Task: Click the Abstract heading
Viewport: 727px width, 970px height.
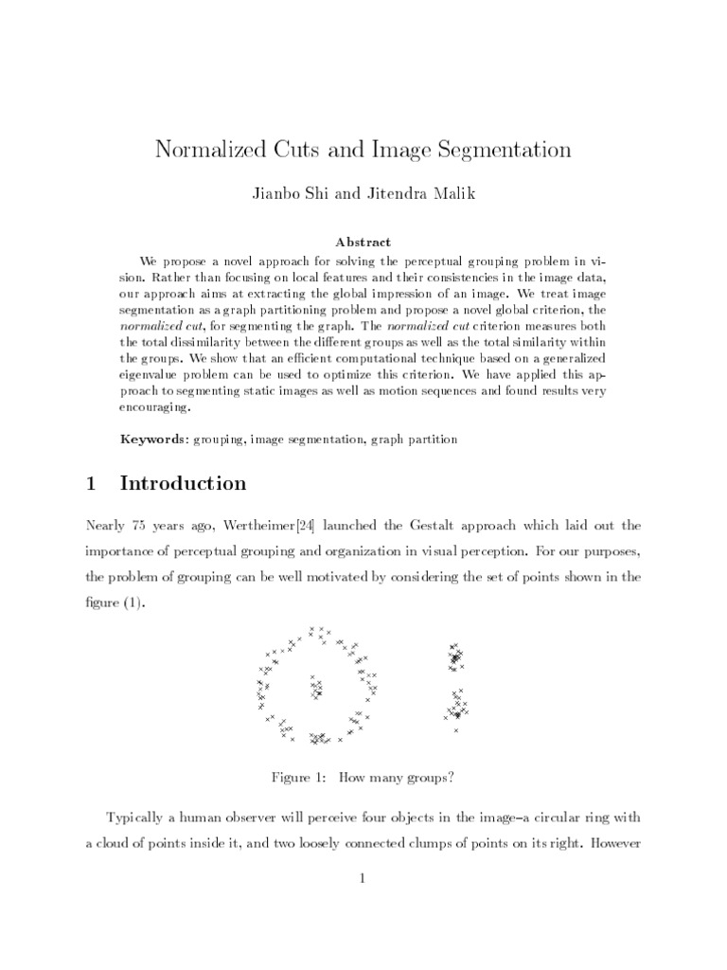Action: click(x=363, y=242)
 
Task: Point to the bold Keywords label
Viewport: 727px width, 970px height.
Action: click(x=154, y=439)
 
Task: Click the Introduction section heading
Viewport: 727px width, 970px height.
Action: click(x=183, y=484)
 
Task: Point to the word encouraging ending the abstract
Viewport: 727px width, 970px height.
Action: click(x=157, y=409)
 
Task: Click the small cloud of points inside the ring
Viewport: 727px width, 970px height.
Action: click(x=315, y=686)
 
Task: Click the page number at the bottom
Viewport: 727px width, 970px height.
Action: click(x=363, y=878)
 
